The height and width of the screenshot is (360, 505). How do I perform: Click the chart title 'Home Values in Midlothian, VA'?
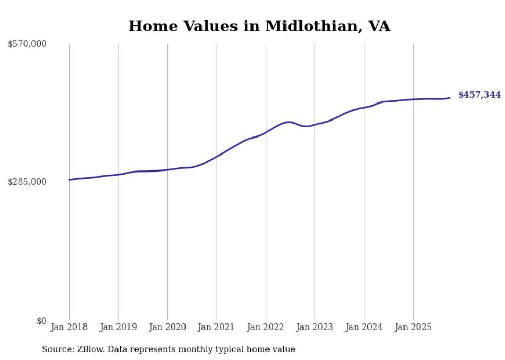[259, 26]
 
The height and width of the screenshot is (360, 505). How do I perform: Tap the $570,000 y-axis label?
[27, 44]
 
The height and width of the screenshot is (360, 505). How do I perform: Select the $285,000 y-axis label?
[27, 182]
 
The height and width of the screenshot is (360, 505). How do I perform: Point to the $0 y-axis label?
[41, 321]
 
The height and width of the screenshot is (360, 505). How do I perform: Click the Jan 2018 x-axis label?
[69, 327]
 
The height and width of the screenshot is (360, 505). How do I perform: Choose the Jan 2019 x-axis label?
[118, 327]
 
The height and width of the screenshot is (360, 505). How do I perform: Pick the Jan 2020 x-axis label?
[167, 327]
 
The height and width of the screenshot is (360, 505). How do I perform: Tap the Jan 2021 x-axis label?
[216, 327]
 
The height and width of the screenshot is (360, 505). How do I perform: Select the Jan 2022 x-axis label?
[266, 327]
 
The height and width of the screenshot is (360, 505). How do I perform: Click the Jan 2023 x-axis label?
[315, 327]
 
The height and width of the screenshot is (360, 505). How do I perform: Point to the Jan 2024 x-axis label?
[364, 327]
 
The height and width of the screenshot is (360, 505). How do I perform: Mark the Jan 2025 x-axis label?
[413, 327]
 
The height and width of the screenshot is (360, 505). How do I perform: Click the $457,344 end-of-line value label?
[479, 95]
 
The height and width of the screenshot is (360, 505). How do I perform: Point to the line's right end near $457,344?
[450, 98]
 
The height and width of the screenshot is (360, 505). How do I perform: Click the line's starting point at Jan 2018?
[69, 180]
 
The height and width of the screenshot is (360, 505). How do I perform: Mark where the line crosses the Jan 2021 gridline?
[216, 156]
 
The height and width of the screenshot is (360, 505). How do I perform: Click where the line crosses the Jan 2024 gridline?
[364, 108]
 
